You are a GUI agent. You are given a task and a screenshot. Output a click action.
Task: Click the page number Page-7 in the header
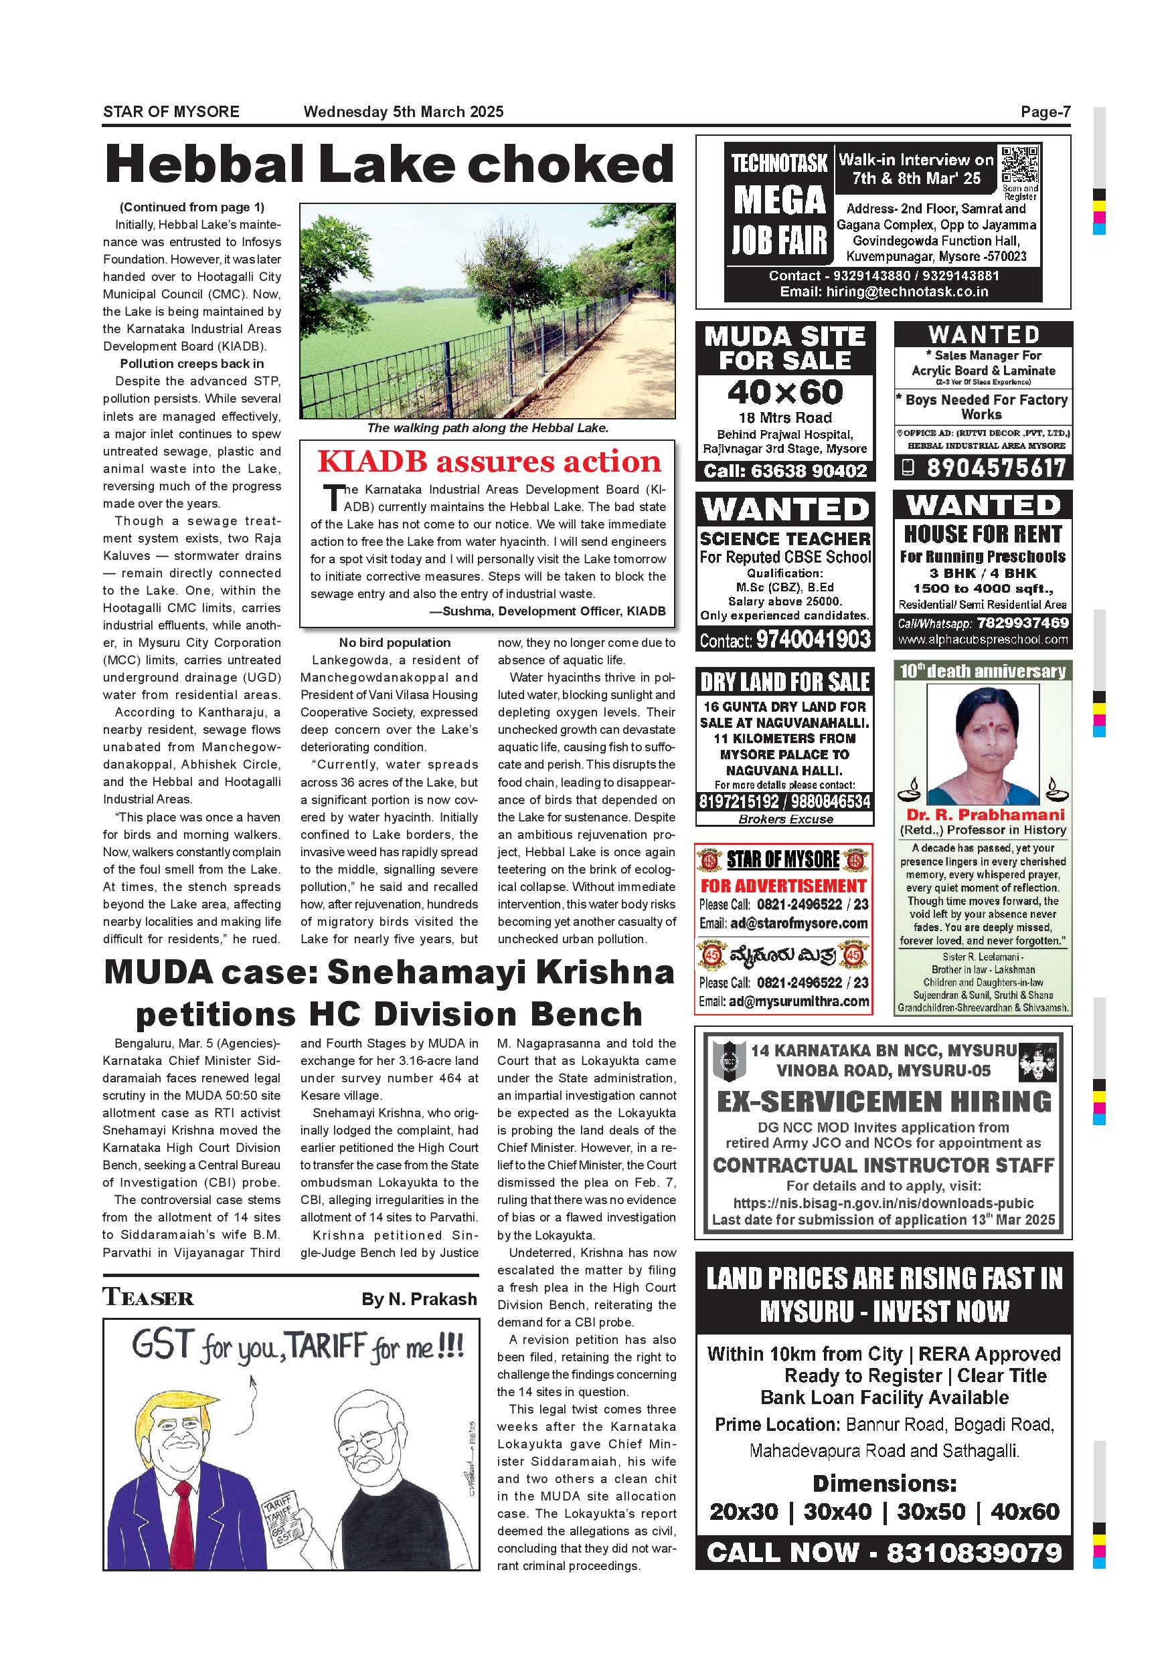pos(1045,112)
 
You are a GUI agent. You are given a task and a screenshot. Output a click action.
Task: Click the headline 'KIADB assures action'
pos(489,462)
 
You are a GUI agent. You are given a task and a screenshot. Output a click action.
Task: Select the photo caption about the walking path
pos(487,427)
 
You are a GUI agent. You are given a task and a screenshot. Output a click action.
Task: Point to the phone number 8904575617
pos(996,468)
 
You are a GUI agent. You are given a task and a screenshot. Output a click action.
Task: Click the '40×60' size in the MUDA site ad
pos(785,393)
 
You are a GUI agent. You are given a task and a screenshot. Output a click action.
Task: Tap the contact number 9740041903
pos(813,640)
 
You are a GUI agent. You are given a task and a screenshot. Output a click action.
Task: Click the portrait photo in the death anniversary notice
pos(983,745)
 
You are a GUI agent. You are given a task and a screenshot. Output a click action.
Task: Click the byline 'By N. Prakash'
pos(419,1299)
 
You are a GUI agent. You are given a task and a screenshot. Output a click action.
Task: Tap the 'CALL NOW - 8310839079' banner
pos(884,1552)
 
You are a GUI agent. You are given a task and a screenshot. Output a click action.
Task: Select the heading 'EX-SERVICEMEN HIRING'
pos(884,1102)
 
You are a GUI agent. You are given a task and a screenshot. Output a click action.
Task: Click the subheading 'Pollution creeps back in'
pos(191,363)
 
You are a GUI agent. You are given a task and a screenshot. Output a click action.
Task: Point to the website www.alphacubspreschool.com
pos(983,640)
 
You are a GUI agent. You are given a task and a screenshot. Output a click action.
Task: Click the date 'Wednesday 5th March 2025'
pos(404,112)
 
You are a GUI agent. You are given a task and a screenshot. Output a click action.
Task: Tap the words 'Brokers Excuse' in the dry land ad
pos(785,819)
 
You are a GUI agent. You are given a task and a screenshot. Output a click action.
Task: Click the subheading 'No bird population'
pos(395,642)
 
